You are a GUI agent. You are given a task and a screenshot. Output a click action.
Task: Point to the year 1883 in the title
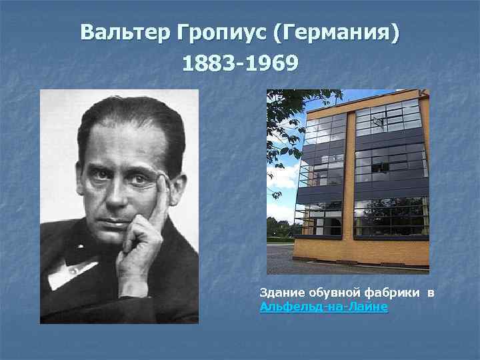(207, 64)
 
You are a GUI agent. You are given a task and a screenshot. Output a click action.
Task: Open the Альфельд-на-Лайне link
(323, 307)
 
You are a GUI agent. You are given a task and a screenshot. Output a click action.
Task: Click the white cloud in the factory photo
(283, 177)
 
